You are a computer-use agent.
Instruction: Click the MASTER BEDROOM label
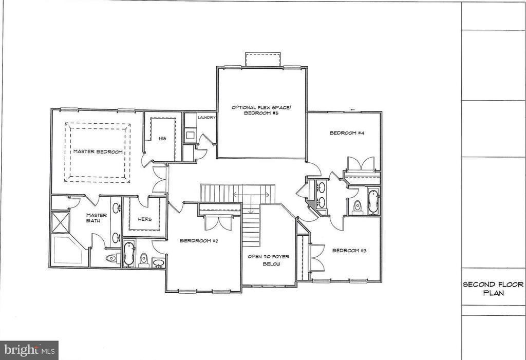pyautogui.click(x=97, y=151)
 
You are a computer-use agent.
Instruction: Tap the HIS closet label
pyautogui.click(x=162, y=138)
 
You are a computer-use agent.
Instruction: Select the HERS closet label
pyautogui.click(x=145, y=219)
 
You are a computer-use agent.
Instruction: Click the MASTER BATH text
pyautogui.click(x=96, y=219)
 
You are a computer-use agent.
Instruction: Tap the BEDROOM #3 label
pyautogui.click(x=349, y=251)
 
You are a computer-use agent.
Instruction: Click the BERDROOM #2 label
pyautogui.click(x=199, y=240)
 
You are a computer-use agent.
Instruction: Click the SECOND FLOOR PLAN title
pyautogui.click(x=493, y=289)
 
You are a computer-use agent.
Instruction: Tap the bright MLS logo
pyautogui.click(x=29, y=350)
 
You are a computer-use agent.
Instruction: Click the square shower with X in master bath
pyautogui.click(x=61, y=222)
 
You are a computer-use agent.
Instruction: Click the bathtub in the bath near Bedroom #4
pyautogui.click(x=373, y=201)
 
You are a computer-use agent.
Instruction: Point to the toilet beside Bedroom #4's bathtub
pyautogui.click(x=358, y=206)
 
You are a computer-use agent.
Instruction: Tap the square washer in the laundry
pyautogui.click(x=190, y=136)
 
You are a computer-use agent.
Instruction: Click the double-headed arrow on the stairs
pyautogui.click(x=252, y=195)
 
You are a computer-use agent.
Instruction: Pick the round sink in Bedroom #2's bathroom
pyautogui.click(x=159, y=263)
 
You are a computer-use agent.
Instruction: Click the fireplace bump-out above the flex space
pyautogui.click(x=262, y=59)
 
